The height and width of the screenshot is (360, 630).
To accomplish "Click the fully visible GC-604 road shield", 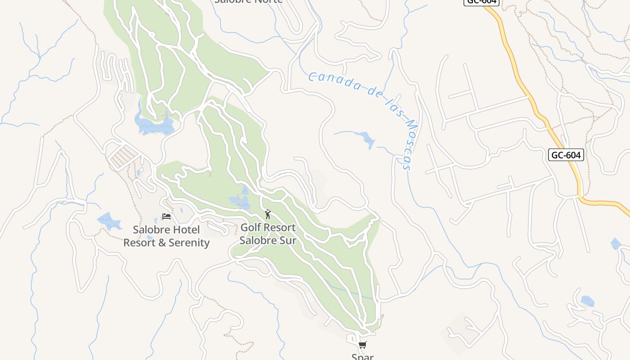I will point(567,155).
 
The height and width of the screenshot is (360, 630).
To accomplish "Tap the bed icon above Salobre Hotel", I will point(166,216).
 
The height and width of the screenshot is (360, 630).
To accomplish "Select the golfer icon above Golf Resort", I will point(268,214).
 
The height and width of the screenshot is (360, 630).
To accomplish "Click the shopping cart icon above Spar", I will point(362,345).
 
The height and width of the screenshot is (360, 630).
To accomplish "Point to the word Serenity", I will point(188,243).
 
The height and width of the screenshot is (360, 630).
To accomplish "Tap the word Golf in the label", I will point(250,228).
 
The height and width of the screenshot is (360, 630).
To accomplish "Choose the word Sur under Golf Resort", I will point(288,240).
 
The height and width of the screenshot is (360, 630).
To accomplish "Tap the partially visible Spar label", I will point(362,356).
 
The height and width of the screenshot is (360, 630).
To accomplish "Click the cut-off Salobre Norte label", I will point(248,1).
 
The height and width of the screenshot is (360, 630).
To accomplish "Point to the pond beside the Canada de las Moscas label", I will point(367,139).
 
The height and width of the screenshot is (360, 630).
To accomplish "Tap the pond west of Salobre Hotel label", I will point(108,221).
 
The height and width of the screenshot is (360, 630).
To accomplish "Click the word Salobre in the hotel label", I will point(151,230).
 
